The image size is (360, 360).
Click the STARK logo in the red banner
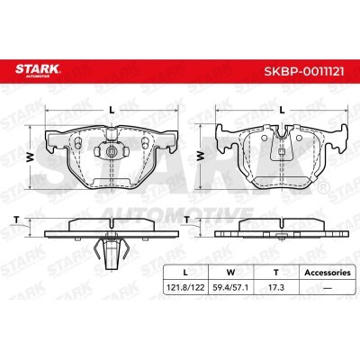click(x=38, y=71)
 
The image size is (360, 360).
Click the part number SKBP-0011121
click(x=304, y=71)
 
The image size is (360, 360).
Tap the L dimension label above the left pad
click(x=112, y=110)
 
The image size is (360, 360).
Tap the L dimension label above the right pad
click(x=282, y=110)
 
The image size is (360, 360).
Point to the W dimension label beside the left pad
click(x=30, y=157)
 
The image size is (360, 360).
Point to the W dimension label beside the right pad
click(x=200, y=156)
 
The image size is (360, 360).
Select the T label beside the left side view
click(x=17, y=220)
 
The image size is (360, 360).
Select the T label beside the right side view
click(x=186, y=220)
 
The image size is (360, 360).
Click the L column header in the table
click(x=185, y=273)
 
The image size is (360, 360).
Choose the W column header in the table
click(x=230, y=273)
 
